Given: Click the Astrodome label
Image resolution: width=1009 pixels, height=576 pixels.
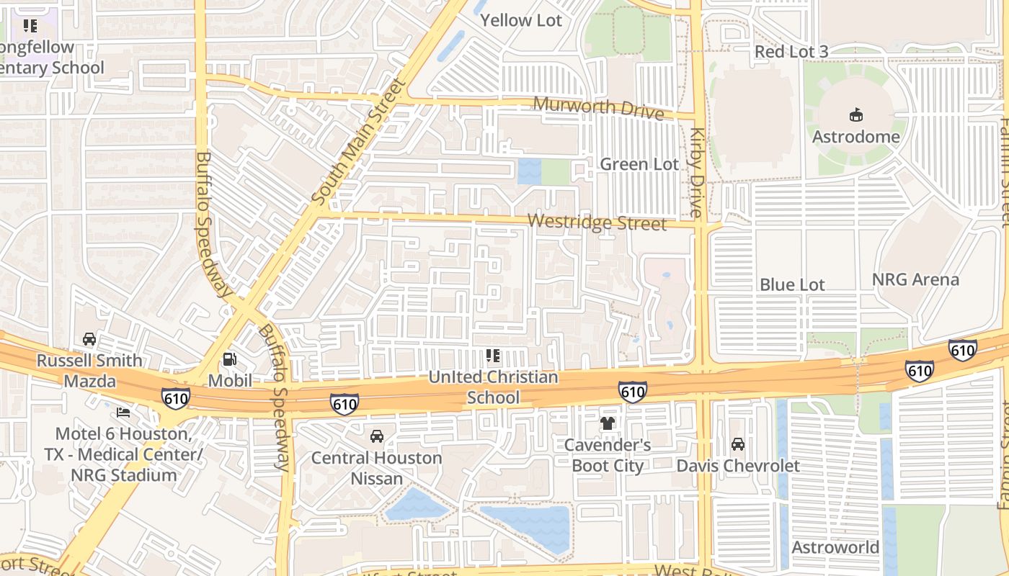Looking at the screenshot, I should click(855, 137).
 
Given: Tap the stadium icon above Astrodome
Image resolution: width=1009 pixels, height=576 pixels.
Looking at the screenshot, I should click(855, 114).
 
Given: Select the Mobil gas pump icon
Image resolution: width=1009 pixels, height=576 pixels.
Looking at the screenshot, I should click(230, 359).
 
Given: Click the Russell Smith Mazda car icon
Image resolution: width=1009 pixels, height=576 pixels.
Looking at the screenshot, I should click(89, 339).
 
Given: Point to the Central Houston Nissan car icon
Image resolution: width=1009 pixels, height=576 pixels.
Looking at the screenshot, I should click(376, 436).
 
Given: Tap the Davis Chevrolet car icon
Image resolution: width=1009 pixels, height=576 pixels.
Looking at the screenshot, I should click(737, 444).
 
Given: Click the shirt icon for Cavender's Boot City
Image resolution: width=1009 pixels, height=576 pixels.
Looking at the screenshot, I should click(607, 423).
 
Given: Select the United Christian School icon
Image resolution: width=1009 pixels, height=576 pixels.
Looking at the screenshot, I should click(493, 355).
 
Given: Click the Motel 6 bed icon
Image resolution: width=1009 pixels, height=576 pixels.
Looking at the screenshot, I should click(123, 413).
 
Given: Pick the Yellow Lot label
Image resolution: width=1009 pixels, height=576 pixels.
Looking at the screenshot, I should click(520, 20).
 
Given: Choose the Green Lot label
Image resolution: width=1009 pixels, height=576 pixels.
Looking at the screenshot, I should click(639, 164).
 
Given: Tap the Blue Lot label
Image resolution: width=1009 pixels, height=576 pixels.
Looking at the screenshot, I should click(792, 284).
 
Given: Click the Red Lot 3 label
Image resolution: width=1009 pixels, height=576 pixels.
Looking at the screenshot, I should click(791, 52).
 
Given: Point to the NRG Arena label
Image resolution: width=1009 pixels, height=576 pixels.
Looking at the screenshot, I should click(915, 279).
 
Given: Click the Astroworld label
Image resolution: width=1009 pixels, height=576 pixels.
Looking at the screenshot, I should click(835, 547).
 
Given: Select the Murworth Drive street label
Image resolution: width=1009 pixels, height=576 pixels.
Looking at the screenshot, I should click(597, 108).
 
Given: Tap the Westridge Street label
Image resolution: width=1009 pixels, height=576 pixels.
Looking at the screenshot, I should click(597, 222).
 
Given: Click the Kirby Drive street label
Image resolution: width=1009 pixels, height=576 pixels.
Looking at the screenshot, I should click(695, 173).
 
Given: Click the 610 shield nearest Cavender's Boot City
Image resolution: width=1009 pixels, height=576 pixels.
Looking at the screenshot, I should click(632, 392).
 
